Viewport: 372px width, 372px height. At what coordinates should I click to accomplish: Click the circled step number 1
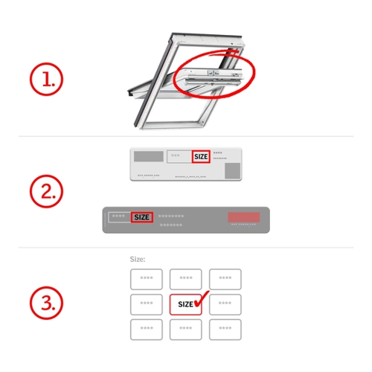46,79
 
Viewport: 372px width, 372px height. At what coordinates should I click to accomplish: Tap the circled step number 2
46,191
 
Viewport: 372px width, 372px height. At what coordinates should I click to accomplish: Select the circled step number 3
46,303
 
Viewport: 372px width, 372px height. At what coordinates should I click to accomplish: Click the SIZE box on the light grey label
201,156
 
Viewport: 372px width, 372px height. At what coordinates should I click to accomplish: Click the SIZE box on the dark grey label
142,217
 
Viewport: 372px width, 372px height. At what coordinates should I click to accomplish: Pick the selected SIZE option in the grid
185,304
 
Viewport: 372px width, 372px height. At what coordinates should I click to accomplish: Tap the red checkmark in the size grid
202,299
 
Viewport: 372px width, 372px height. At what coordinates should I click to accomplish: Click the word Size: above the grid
138,259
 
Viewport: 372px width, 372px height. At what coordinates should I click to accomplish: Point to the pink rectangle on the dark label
244,217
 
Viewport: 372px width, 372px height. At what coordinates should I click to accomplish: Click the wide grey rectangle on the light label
149,156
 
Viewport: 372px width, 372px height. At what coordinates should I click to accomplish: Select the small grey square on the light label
233,170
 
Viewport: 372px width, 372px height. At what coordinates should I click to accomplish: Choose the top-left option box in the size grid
147,279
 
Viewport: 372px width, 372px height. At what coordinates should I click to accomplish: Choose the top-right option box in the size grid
225,279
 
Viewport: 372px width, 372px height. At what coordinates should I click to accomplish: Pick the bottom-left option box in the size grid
147,330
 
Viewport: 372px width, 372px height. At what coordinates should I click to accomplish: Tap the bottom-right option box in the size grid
225,330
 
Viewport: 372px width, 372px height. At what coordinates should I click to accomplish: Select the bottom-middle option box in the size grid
186,330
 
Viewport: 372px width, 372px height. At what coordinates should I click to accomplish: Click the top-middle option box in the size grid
186,279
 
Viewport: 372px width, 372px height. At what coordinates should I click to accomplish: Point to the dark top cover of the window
207,35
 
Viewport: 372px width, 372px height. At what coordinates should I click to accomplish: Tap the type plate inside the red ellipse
214,73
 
